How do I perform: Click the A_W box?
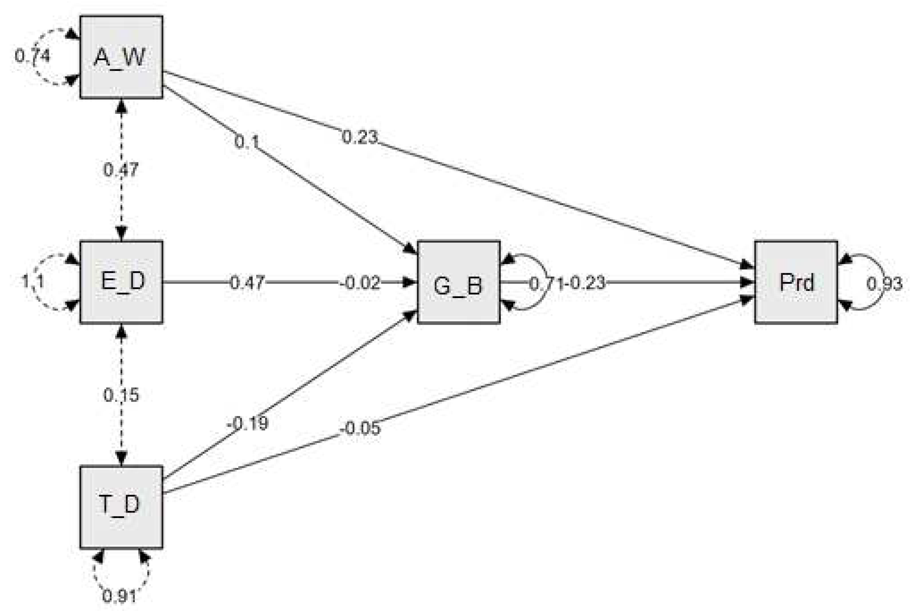click(x=121, y=57)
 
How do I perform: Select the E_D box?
click(x=121, y=282)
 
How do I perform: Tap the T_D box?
click(x=121, y=507)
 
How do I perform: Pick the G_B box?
click(x=458, y=282)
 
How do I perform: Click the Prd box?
click(x=796, y=282)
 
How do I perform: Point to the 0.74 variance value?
click(x=33, y=56)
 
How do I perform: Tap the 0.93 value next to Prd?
click(x=884, y=284)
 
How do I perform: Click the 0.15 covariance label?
click(x=121, y=395)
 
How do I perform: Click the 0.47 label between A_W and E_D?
click(x=121, y=170)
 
